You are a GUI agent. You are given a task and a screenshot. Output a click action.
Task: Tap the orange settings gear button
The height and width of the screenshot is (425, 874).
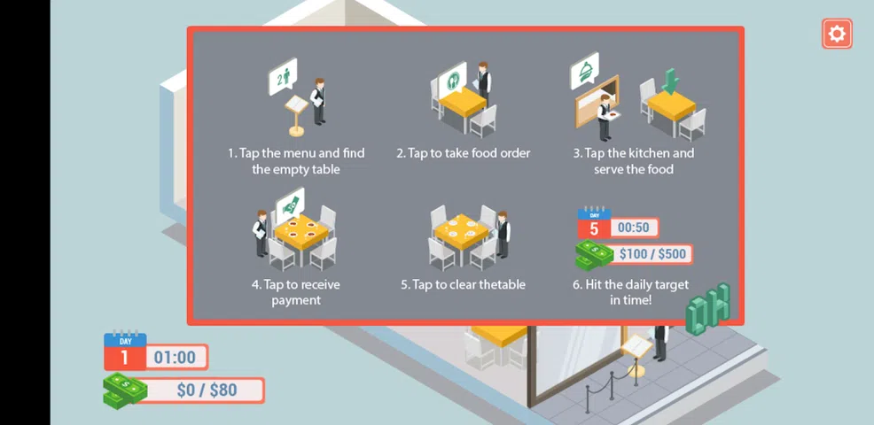[x=837, y=34]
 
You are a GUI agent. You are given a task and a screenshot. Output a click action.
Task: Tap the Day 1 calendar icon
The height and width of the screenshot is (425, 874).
[x=125, y=351]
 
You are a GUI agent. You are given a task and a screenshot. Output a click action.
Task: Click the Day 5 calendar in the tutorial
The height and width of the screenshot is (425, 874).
[x=594, y=222]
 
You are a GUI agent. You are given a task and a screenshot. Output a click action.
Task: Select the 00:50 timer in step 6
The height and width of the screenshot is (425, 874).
[x=634, y=228]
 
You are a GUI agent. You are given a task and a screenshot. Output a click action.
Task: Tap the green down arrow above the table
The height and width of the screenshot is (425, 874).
[x=670, y=81]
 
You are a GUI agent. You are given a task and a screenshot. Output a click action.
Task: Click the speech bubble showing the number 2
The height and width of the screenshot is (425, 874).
[x=283, y=77]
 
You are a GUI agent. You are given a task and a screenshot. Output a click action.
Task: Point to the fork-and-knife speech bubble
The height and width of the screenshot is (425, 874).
[x=452, y=79]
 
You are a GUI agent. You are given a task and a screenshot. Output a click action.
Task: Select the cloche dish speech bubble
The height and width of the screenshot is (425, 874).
[x=584, y=71]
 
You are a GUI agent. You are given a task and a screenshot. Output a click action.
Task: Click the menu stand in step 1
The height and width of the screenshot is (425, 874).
[x=296, y=115]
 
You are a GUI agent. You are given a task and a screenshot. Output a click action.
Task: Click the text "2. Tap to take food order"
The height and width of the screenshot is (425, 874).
[x=464, y=153]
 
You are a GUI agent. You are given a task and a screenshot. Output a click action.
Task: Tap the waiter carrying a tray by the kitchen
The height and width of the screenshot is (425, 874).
[x=605, y=117]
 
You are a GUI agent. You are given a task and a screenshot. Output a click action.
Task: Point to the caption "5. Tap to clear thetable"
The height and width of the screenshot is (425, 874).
[x=463, y=284]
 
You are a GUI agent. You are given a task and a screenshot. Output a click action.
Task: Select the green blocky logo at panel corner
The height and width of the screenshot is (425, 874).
[x=708, y=309]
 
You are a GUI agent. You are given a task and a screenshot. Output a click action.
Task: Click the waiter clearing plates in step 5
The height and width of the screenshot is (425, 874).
[x=503, y=234]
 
